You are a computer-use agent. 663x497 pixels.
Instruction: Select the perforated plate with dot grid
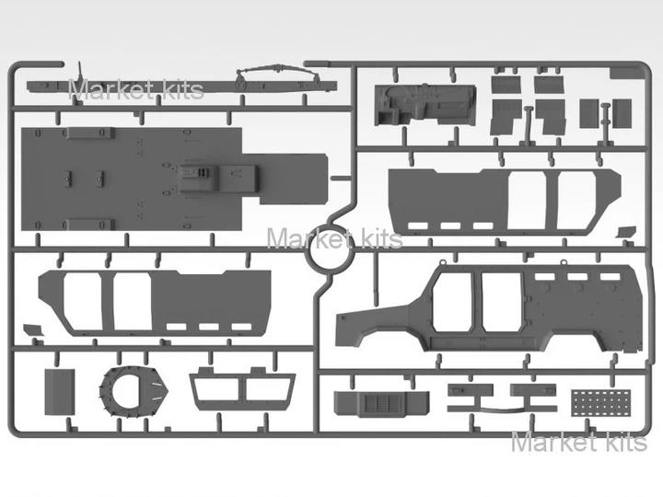coord(600,403)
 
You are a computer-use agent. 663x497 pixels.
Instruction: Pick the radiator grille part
coord(381,403)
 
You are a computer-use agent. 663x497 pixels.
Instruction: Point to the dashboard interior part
coord(425,105)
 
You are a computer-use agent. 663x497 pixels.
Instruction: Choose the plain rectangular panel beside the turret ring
coord(60,392)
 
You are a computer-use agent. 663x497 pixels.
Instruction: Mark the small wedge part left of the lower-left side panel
coord(34,330)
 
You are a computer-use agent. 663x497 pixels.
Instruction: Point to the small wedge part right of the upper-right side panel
coord(627,232)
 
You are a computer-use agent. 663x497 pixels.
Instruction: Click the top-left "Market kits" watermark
coord(135,89)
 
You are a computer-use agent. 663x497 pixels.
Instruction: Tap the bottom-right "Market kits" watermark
coord(579,442)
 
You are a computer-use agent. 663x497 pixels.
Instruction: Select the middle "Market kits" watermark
coord(334,238)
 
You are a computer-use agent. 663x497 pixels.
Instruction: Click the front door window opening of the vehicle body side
coord(451,301)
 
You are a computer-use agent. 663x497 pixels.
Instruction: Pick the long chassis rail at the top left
coord(181,87)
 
